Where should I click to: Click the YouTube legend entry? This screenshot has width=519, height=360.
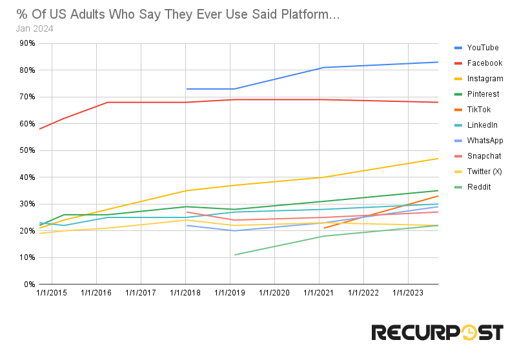pos(483,48)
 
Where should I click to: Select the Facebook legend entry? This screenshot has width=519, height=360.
pos(484,63)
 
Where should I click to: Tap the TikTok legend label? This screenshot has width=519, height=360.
pos(478,110)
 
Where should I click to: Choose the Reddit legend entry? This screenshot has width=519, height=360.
pos(479,187)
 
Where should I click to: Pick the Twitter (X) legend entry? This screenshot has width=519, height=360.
pos(484,172)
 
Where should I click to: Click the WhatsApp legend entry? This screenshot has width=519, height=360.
pos(485,141)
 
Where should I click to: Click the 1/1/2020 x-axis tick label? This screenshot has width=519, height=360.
pos(275,294)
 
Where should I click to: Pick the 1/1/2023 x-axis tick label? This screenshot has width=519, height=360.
pos(408,294)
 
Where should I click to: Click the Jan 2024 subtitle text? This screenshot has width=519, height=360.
pos(34,28)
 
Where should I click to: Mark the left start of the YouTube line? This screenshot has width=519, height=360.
pos(186,89)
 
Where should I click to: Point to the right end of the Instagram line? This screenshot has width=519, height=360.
pos(438,158)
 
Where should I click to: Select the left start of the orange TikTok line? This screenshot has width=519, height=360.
pos(323,228)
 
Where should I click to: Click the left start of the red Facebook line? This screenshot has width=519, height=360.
pos(39,129)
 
